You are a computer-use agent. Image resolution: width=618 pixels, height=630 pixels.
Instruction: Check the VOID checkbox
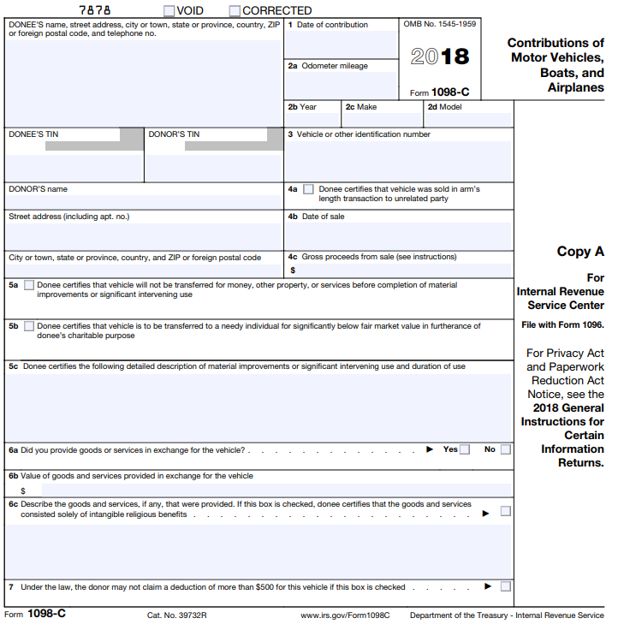[x=169, y=11]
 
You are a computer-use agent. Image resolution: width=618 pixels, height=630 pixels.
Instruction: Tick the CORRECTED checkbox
[x=235, y=11]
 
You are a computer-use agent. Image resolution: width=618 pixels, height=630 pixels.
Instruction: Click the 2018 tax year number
[x=440, y=57]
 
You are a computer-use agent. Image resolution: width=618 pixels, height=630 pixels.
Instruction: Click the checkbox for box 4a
[x=308, y=189]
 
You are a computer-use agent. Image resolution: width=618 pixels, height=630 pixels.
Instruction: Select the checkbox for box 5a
[x=30, y=285]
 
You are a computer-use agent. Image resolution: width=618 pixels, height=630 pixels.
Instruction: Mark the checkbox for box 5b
[x=30, y=326]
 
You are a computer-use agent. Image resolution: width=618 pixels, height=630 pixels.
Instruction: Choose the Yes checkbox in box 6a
[x=465, y=449]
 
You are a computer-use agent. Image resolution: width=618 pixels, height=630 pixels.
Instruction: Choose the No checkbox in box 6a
[x=506, y=449]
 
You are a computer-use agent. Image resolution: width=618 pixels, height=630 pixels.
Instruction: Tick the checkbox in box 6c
[x=506, y=511]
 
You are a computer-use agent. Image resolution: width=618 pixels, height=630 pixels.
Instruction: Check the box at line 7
[x=506, y=586]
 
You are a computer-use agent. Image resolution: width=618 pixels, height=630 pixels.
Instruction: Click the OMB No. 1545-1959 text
[x=440, y=24]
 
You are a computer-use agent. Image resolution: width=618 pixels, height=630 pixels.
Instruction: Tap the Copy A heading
[x=580, y=252]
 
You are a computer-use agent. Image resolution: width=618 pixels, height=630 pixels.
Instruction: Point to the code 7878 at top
[x=95, y=11]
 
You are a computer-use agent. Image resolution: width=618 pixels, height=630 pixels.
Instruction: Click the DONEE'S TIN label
[x=33, y=134]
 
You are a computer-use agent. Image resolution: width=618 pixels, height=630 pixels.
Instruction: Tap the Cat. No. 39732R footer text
[x=177, y=615]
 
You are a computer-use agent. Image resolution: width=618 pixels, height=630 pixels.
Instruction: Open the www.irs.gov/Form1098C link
[x=345, y=615]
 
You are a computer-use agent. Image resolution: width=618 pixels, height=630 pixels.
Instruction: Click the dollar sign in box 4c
[x=293, y=270]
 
